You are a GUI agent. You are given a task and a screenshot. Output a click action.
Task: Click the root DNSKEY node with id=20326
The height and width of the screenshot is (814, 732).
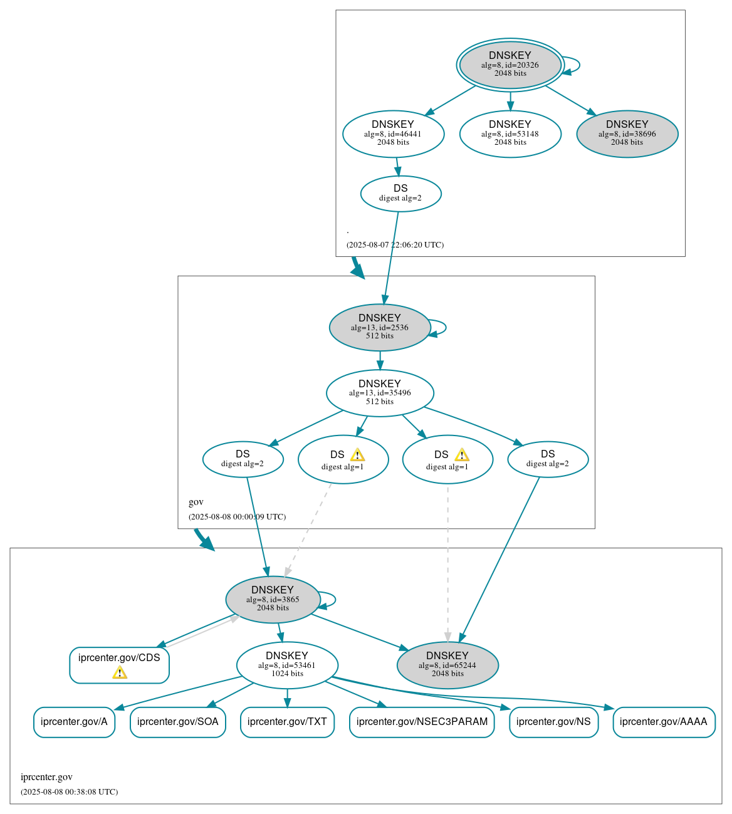[510, 65]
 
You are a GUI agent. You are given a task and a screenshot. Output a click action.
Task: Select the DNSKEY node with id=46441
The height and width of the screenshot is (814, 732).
[393, 133]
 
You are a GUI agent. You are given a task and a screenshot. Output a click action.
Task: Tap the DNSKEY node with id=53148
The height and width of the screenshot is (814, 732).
[510, 133]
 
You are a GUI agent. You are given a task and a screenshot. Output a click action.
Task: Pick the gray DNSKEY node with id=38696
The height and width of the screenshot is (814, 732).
[627, 133]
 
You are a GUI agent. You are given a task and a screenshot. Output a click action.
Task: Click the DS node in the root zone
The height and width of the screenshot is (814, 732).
[400, 194]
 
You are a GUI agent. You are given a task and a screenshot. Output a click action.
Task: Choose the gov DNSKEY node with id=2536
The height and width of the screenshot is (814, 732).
[379, 327]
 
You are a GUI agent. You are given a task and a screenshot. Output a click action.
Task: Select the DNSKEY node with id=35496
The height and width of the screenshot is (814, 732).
[380, 393]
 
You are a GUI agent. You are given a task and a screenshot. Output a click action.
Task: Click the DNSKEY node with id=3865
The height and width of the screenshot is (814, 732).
[273, 599]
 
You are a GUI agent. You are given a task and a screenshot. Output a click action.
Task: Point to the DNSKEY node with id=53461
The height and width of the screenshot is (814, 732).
[287, 665]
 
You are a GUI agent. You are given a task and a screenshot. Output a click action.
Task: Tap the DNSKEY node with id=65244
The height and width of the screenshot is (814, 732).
[447, 665]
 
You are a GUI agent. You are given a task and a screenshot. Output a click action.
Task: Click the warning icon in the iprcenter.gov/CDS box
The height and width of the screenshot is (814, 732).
[120, 673]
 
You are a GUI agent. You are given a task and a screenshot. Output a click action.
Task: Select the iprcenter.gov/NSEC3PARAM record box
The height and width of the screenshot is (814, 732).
[422, 722]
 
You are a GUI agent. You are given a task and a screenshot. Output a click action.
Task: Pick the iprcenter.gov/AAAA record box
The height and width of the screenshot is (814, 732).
[663, 722]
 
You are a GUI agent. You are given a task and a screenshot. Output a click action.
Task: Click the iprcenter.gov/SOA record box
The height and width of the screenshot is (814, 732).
[177, 722]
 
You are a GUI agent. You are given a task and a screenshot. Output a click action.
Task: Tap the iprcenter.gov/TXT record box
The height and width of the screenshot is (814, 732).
[287, 722]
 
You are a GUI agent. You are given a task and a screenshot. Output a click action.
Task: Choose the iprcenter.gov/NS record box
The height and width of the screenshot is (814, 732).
[553, 722]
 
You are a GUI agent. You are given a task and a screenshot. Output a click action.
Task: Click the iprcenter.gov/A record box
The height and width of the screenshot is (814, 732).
[74, 722]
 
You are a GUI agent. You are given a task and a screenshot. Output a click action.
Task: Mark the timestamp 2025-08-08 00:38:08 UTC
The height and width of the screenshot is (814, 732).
[69, 792]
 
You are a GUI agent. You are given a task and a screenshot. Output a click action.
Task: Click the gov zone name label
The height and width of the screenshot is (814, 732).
[196, 502]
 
